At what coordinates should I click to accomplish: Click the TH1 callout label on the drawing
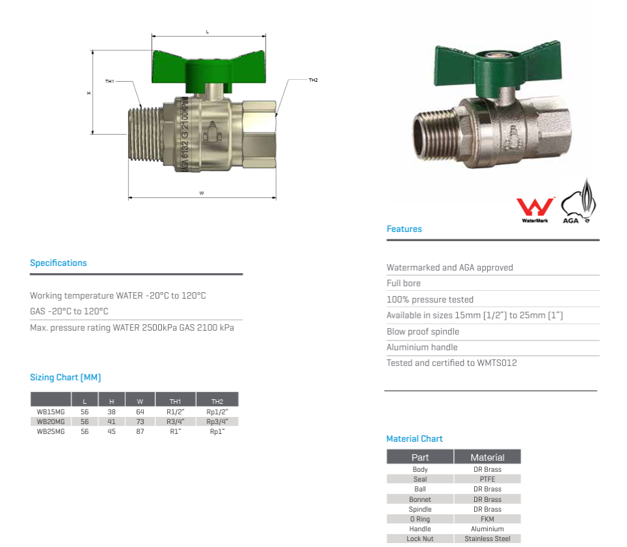click(x=110, y=81)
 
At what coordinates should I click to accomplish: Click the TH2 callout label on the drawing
click(x=313, y=80)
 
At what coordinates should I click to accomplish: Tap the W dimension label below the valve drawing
click(x=202, y=193)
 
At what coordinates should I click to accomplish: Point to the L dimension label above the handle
click(x=207, y=31)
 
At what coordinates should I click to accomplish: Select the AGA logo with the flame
click(x=578, y=202)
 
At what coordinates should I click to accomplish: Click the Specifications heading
click(x=58, y=263)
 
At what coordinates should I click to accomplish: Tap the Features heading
click(x=404, y=229)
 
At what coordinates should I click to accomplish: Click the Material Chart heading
click(x=414, y=439)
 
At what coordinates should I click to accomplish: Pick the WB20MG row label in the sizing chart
click(x=51, y=422)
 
